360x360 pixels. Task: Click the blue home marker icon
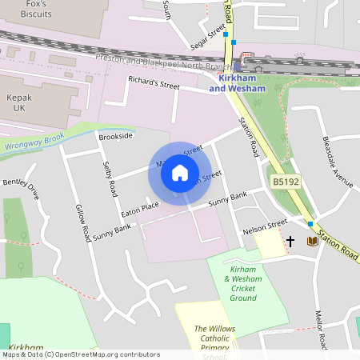pyautogui.click(x=180, y=172)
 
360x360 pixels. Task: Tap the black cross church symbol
pyautogui.click(x=290, y=240)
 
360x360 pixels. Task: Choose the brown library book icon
pyautogui.click(x=312, y=240)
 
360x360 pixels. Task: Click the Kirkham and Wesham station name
pyautogui.click(x=237, y=83)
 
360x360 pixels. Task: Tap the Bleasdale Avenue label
pyautogui.click(x=337, y=160)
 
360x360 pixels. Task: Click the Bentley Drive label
pyautogui.click(x=21, y=188)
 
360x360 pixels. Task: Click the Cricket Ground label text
pyautogui.click(x=242, y=284)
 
